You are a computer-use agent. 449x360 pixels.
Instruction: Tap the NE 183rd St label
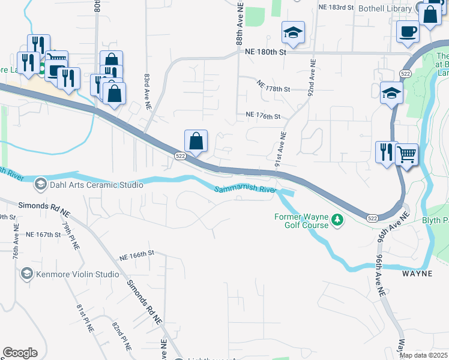coord(342,7)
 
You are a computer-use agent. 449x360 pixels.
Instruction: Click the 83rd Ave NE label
coord(146,91)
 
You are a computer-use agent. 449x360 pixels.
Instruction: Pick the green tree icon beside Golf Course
coord(338,221)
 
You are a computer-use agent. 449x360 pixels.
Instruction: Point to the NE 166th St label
coord(137,255)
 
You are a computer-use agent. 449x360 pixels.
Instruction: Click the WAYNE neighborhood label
coord(417,273)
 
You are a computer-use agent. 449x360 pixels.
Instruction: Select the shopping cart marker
coord(407,154)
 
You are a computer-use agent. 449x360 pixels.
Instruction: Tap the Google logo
coord(20,353)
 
